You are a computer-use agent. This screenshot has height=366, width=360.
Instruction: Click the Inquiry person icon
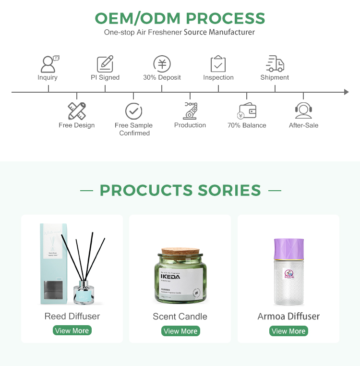[x=48, y=64]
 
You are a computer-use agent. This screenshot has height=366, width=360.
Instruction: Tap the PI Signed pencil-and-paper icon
[x=105, y=64]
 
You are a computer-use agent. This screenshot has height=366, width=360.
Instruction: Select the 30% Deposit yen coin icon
[x=162, y=64]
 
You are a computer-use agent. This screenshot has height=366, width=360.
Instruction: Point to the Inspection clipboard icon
[x=218, y=64]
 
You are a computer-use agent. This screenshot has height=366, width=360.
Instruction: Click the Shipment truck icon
[x=275, y=64]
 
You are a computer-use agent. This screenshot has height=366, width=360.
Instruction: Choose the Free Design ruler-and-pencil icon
[x=77, y=111]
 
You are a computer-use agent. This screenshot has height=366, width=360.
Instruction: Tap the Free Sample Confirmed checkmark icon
[x=134, y=111]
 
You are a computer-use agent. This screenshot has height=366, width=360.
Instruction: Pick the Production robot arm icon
[x=190, y=110]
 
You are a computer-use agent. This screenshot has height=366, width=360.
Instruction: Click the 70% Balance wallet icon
[x=247, y=111]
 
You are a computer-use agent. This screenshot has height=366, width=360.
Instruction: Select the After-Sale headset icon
[x=303, y=111]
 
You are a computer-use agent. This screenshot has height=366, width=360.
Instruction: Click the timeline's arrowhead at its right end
[x=346, y=92]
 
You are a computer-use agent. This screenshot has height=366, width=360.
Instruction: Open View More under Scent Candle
[x=180, y=331]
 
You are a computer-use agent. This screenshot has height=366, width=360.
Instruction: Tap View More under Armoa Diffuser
[x=288, y=331]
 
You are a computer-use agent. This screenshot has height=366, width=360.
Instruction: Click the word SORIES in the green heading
[x=229, y=190]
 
